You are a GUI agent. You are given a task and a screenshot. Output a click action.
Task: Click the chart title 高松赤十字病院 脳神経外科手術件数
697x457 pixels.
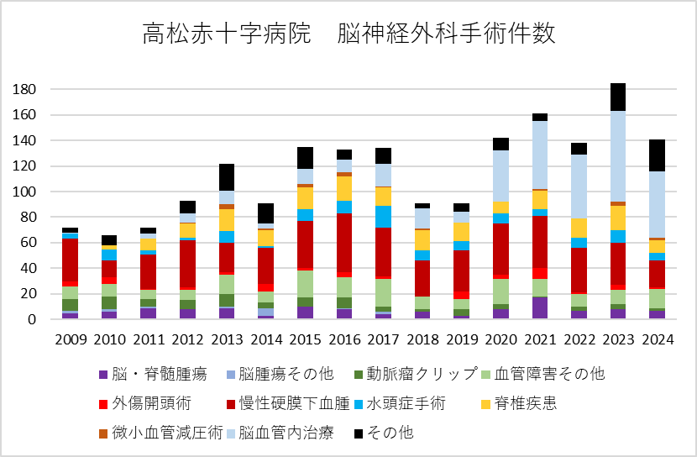[348, 34]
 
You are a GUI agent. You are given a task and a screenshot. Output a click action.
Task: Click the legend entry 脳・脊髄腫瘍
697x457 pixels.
[150, 374]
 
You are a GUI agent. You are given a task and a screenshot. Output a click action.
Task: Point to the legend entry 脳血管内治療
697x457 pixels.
[286, 433]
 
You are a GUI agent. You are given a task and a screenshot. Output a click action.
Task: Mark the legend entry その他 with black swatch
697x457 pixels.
[387, 433]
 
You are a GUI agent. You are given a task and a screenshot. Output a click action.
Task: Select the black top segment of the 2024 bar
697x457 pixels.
[652, 155]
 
